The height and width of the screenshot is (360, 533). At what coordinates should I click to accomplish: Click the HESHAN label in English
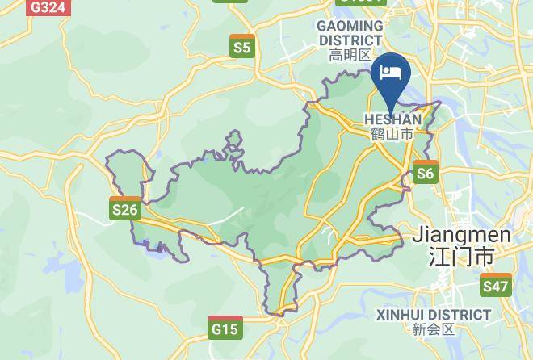[x=392, y=119]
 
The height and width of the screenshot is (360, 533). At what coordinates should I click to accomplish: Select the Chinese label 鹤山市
[x=392, y=134]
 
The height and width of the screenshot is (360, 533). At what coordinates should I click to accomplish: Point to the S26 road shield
[x=125, y=209]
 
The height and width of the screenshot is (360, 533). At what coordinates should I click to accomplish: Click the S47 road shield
[x=495, y=285]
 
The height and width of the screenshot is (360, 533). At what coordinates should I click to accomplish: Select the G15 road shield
[x=225, y=328]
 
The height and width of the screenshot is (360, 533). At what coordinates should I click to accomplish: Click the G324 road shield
[x=48, y=7]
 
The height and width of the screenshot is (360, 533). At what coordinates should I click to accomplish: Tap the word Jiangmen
[x=461, y=235]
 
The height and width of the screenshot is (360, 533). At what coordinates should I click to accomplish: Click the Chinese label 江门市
[x=461, y=257]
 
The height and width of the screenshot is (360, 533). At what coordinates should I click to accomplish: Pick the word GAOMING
[x=350, y=26]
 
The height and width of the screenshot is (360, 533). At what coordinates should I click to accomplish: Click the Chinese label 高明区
[x=350, y=55]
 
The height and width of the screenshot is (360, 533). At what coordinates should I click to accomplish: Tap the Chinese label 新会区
[x=434, y=329]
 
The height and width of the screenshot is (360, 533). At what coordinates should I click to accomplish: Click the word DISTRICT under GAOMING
[x=350, y=40]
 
